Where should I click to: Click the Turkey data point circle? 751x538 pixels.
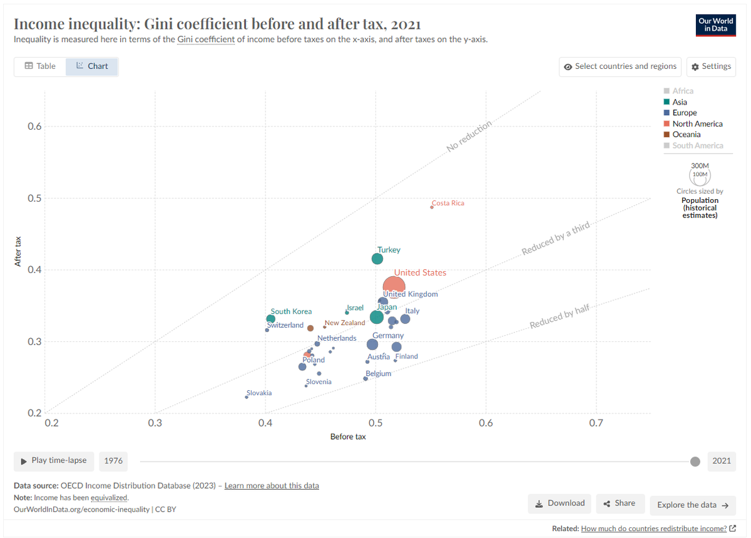point(377,259)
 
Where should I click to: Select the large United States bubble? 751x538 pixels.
point(394,286)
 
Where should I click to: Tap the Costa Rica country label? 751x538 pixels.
point(448,203)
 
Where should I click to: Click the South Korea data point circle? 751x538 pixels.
point(270,319)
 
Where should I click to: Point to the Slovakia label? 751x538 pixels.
point(259,393)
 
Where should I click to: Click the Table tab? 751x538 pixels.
point(40,66)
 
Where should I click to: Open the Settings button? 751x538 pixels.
point(711,66)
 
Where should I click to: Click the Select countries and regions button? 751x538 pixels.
point(620,66)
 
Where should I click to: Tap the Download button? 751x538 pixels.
point(559,504)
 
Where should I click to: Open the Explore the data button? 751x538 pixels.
point(693,505)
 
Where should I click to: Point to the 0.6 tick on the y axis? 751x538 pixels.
point(34,126)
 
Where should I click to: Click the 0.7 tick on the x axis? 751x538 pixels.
point(596,423)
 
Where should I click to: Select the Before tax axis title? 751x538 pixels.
point(348,437)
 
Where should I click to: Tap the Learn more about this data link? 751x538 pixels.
point(272,485)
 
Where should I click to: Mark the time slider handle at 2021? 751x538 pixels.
point(695,462)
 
